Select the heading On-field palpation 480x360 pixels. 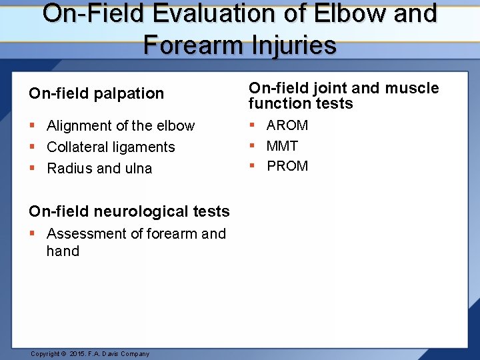tap(96, 93)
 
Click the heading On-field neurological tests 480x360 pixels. tap(129, 211)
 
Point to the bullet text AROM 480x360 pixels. tap(287, 125)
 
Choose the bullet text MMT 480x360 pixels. tap(282, 145)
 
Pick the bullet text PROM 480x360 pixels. tap(287, 166)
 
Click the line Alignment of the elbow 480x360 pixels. tap(121, 126)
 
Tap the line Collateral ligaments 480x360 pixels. tap(111, 147)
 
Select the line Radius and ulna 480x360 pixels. tap(99, 169)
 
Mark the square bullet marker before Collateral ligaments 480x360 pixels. tap(33, 147)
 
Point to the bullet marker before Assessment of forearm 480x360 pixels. tap(33, 234)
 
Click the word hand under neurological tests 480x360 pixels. tap(63, 251)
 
